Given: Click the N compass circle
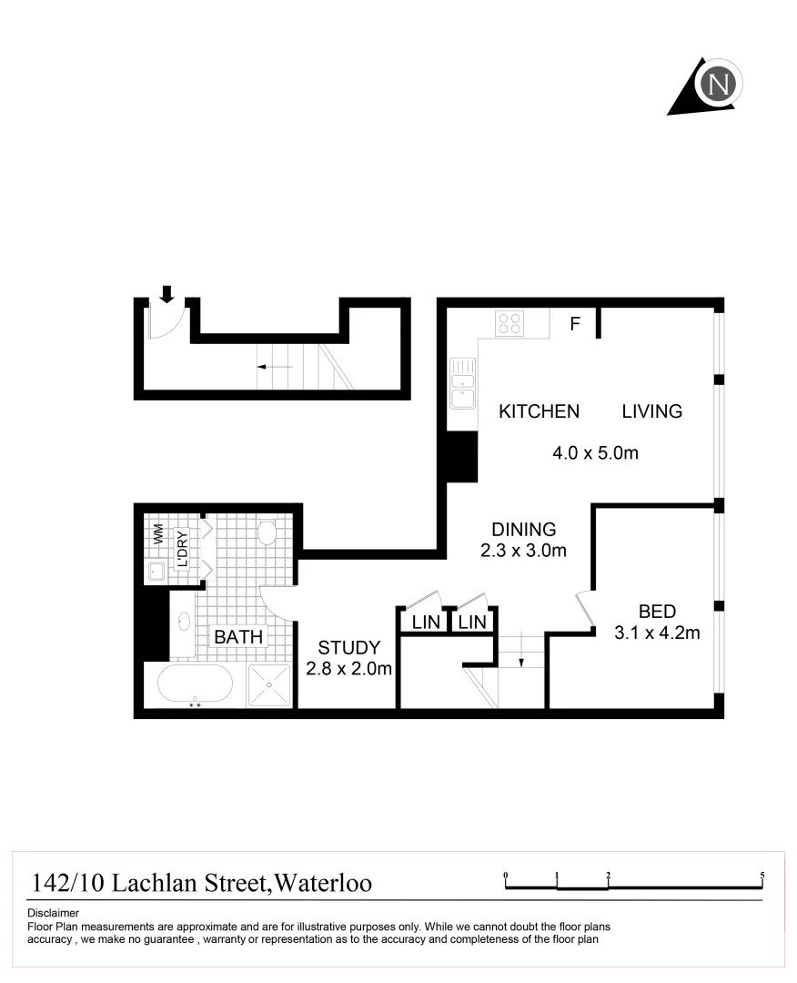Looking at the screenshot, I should pos(720,84).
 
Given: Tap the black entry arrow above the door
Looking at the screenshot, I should pos(166,293).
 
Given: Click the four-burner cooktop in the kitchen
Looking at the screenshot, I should pos(509,323).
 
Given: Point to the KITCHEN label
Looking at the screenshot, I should pos(539,411).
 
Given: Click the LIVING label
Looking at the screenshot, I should pos(651,411).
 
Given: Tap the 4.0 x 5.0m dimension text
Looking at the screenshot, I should pos(595,452).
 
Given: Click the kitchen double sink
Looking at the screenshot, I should pos(463,384).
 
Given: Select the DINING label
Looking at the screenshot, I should pos(523,529).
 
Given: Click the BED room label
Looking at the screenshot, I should pos(657,612).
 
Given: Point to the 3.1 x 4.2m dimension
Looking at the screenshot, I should pos(657,633).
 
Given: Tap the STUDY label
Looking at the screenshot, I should pos(348,648).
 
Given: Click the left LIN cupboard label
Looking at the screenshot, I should pos(426,623).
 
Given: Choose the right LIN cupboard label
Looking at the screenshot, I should pos(472,623).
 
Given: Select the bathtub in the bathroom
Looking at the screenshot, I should pos(195,684).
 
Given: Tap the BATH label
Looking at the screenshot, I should pos(238,637).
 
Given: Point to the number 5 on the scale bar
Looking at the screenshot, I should pos(762,876).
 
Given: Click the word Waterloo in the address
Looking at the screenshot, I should pos(323,883).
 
